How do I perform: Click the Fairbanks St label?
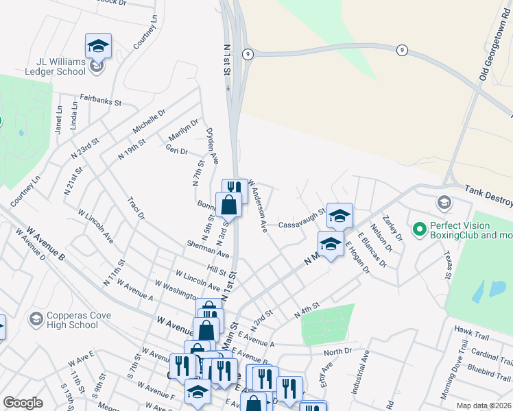pyautogui.click(x=100, y=100)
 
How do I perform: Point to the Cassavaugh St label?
pyautogui.click(x=301, y=219)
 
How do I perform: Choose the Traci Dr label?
pyautogui.click(x=136, y=208)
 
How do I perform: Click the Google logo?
pyautogui.click(x=23, y=403)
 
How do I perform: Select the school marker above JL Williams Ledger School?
pyautogui.click(x=98, y=46)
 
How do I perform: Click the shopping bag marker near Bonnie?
pyautogui.click(x=229, y=204)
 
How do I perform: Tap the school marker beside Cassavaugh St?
pyautogui.click(x=339, y=216)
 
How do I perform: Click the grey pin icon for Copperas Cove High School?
pyautogui.click(x=36, y=319)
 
